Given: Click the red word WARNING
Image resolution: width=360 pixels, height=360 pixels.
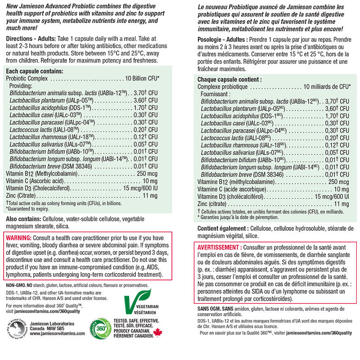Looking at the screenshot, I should coord(18,238).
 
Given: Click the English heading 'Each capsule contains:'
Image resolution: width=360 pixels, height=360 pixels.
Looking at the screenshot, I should coord(34,71).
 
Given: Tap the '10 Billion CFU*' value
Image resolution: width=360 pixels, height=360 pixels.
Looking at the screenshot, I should coord(138,78).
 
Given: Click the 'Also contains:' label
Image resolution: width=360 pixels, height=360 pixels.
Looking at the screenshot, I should coord(22,218).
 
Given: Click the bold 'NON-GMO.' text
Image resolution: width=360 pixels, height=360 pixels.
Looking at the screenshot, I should coord(14,286).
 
